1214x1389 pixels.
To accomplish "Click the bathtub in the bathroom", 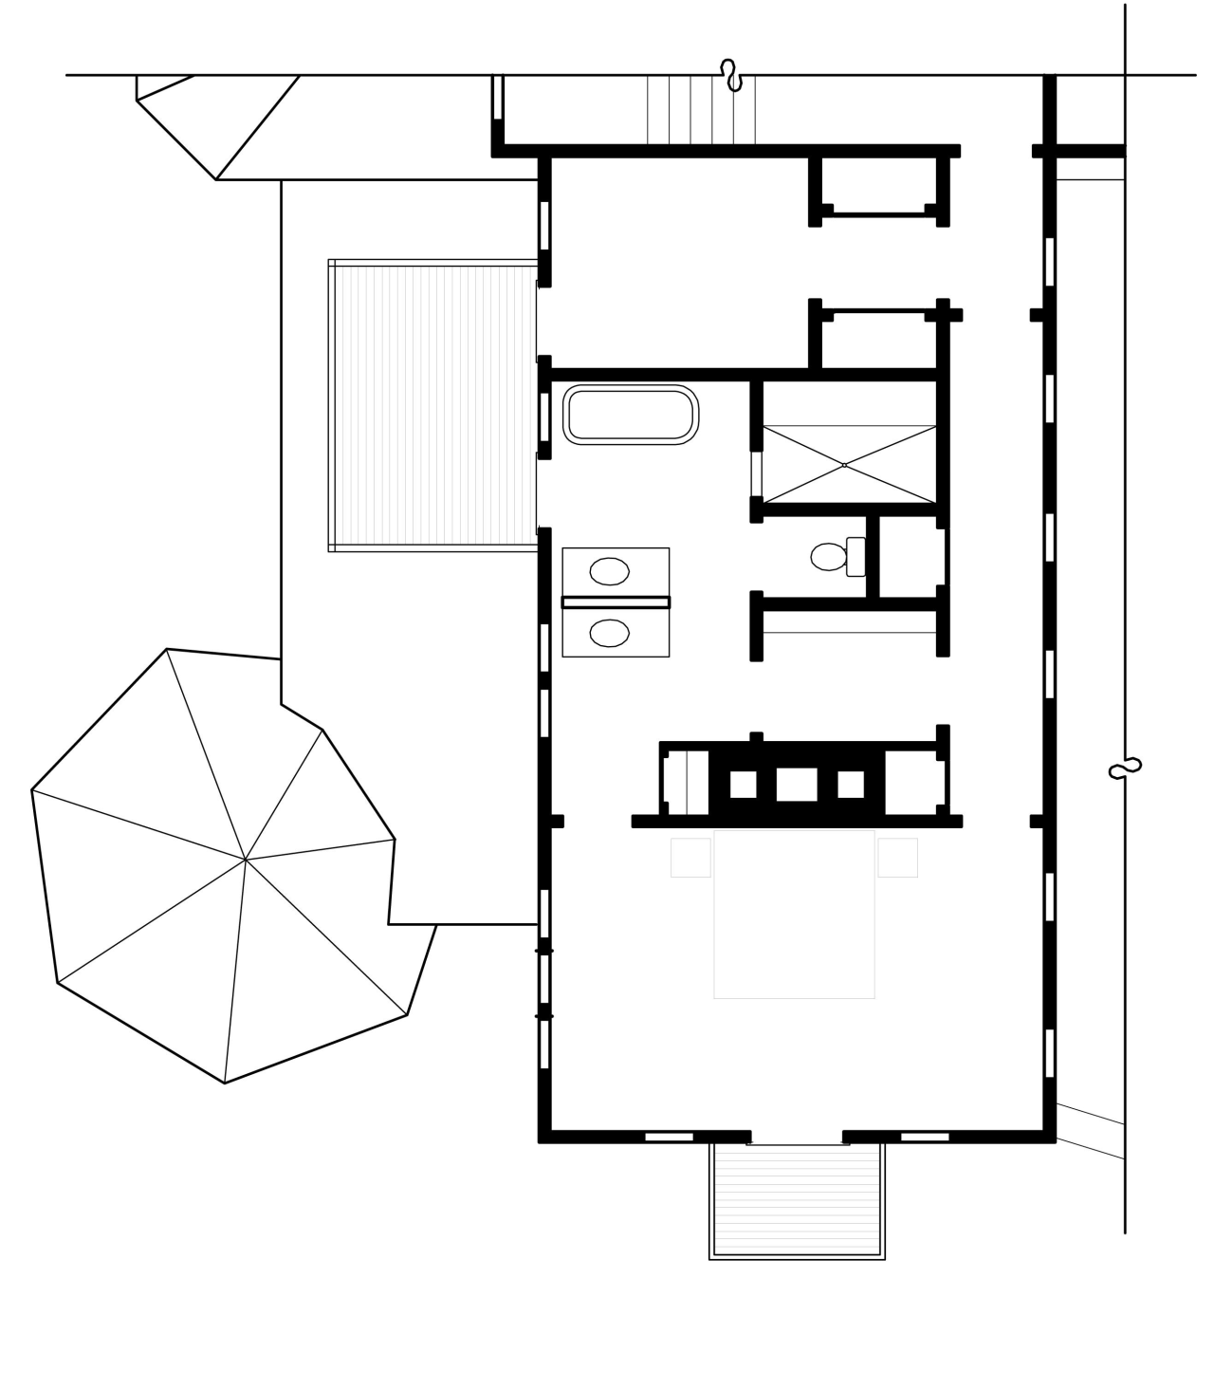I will [x=631, y=415].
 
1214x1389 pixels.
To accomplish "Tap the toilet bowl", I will [x=829, y=557].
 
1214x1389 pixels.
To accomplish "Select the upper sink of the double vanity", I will [x=609, y=571].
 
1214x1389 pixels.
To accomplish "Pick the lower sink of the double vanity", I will [x=609, y=633].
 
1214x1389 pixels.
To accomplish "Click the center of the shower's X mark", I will [x=844, y=465].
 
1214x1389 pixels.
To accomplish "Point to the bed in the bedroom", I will [x=794, y=915].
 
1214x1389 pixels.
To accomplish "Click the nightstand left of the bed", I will [x=690, y=858].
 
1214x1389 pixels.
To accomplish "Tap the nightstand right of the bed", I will [x=897, y=858].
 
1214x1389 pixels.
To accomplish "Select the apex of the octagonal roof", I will [x=246, y=860].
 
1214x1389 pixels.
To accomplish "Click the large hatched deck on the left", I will [x=432, y=405].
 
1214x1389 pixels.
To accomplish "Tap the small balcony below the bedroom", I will [x=797, y=1200].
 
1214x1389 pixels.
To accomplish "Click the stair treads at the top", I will [x=701, y=110].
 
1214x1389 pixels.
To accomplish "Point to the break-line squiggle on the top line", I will [x=730, y=75].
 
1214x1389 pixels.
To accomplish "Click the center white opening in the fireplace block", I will [x=797, y=785].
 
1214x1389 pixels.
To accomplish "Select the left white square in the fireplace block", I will [x=743, y=785].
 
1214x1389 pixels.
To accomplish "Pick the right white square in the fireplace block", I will [x=851, y=785].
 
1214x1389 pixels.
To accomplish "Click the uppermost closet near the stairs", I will [x=878, y=184].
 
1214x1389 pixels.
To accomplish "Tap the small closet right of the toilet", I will [x=911, y=557].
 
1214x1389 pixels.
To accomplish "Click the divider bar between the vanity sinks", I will [x=616, y=602].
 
